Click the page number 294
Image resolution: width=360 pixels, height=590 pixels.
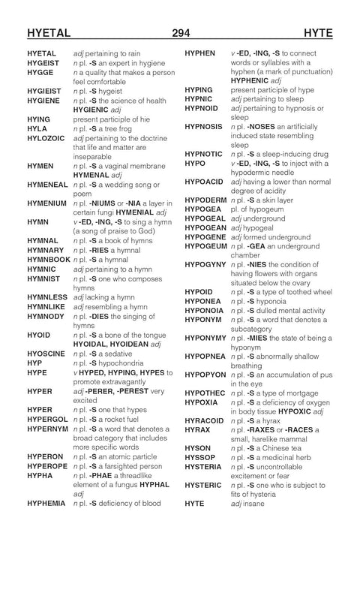[x=180, y=32]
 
